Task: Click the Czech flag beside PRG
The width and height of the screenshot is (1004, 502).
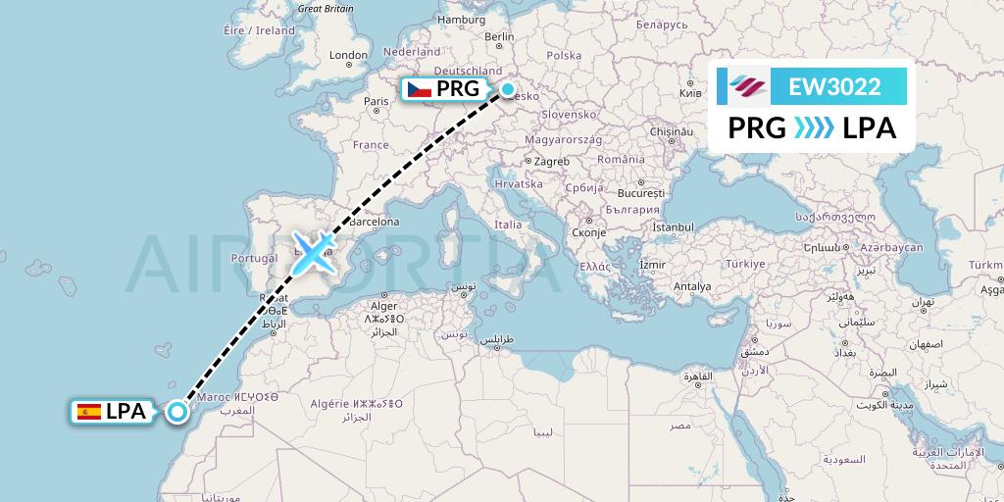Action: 420,90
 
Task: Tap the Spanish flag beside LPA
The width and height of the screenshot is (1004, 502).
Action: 88,412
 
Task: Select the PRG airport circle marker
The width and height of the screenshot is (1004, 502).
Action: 508,90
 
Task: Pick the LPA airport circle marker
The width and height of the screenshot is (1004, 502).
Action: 177,412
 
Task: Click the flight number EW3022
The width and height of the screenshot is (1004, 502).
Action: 834,86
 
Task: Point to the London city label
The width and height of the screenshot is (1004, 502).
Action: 348,56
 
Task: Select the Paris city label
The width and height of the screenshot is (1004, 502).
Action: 376,101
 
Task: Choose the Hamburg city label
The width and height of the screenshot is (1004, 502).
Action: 461,19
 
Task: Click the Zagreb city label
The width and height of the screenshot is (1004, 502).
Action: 552,161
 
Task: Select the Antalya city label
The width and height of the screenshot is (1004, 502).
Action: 692,286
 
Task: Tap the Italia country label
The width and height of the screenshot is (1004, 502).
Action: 508,225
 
